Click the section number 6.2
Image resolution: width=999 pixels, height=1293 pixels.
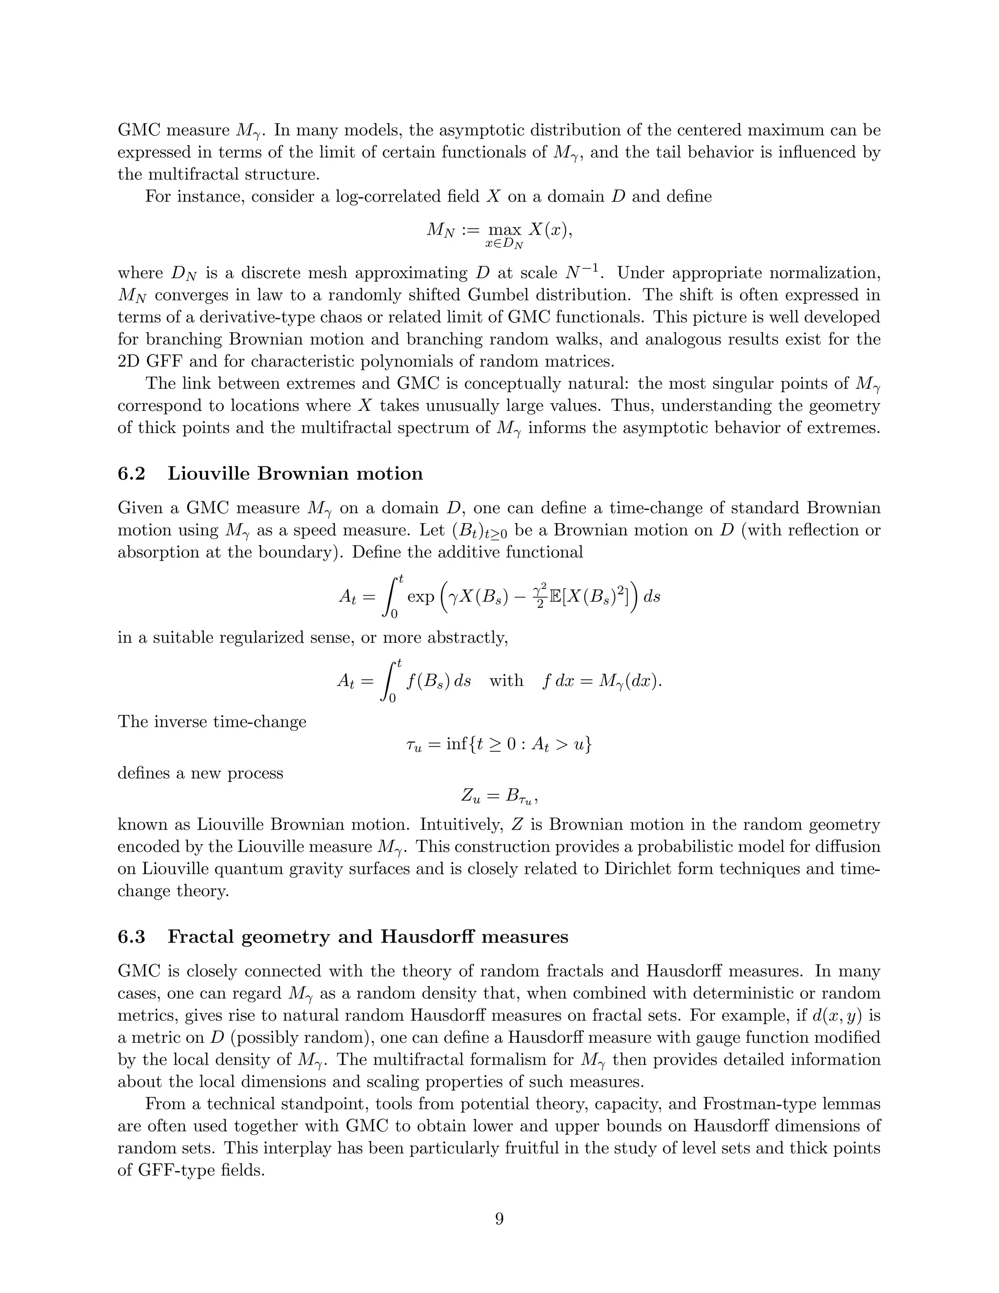pyautogui.click(x=131, y=474)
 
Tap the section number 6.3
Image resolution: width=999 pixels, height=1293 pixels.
pyautogui.click(x=131, y=937)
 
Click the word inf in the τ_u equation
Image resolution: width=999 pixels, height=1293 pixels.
pyautogui.click(x=456, y=744)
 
